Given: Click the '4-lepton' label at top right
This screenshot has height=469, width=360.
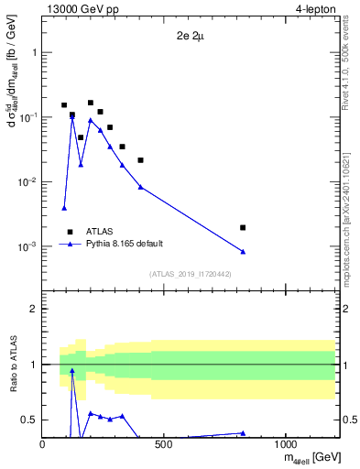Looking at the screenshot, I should tap(315, 10).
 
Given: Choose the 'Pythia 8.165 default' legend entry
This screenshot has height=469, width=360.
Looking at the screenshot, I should tap(125, 245).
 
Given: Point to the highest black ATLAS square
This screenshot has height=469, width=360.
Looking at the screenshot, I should tap(91, 104).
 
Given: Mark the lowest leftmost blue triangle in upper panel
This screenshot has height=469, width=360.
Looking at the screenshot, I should tap(64, 208).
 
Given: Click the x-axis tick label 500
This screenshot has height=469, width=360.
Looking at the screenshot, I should tap(164, 443).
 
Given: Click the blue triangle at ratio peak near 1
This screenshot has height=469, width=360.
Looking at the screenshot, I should tap(72, 371).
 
